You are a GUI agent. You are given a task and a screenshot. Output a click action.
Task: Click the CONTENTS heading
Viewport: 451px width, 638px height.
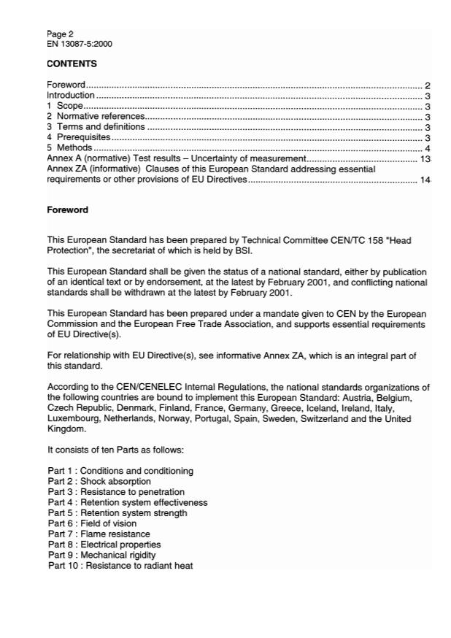(72, 64)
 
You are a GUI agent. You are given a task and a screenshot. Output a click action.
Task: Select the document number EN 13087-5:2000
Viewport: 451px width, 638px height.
(79, 44)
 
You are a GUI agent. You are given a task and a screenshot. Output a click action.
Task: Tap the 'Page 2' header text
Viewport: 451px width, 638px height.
(60, 34)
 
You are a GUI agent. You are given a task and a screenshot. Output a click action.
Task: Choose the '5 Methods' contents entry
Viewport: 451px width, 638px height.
(69, 148)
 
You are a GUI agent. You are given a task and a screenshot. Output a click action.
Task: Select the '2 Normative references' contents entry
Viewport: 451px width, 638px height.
(96, 116)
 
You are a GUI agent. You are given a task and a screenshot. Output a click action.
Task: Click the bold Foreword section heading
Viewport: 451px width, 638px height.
(67, 210)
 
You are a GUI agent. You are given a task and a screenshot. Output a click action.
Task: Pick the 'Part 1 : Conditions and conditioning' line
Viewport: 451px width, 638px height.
(120, 471)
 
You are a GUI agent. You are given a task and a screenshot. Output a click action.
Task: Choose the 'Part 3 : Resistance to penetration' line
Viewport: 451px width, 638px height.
(116, 492)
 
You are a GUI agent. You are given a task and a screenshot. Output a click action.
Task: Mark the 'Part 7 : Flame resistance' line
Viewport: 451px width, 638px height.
(99, 534)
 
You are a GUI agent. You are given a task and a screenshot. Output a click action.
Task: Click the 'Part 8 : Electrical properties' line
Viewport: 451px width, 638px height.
(104, 545)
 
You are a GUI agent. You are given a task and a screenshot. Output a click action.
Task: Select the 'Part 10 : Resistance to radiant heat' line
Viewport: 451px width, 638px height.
(120, 566)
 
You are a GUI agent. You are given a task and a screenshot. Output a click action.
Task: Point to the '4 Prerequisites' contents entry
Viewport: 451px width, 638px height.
(79, 137)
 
